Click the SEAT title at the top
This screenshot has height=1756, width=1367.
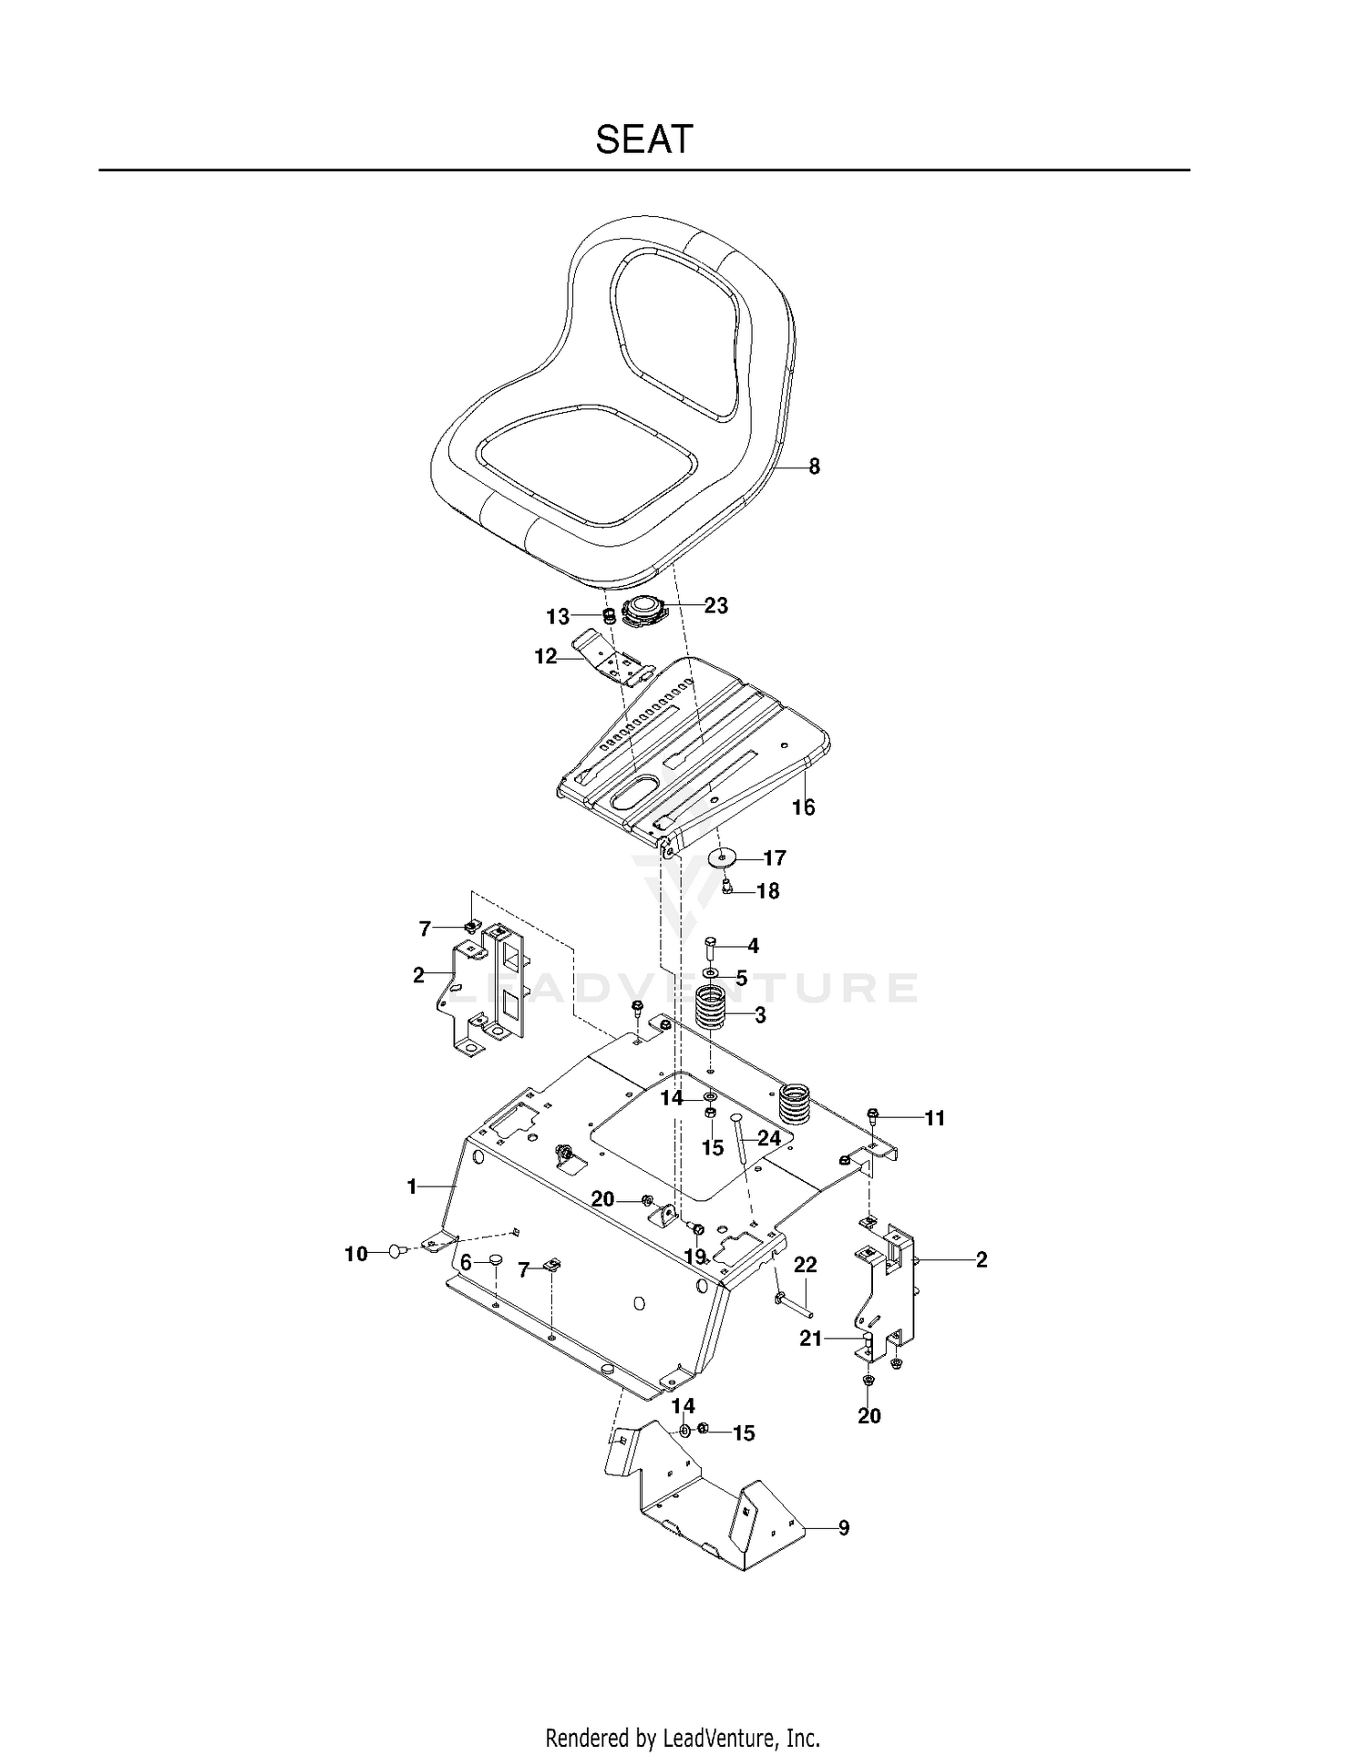coord(644,139)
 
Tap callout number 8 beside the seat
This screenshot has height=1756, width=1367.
coord(814,467)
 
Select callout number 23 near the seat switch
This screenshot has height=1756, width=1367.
coord(716,605)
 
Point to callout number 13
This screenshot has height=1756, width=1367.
coord(558,617)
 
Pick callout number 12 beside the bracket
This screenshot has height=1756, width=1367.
coord(545,656)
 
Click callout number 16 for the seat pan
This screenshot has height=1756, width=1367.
coord(803,806)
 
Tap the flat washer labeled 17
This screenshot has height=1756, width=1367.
coord(723,857)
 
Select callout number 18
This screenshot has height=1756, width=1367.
coord(768,891)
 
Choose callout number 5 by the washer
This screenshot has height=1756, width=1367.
coord(741,979)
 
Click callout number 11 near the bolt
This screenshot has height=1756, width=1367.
coord(935,1118)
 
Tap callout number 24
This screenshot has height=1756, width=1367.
coord(769,1138)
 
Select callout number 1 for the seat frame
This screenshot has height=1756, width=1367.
coord(411,1186)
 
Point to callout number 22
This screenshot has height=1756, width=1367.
coord(805,1265)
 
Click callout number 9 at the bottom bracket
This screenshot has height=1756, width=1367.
coord(843,1527)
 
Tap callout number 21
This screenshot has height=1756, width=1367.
coord(810,1339)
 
